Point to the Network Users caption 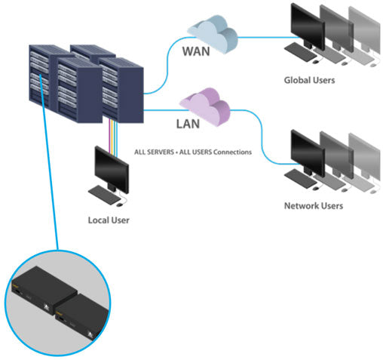pos(313,206)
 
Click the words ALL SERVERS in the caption pos(154,152)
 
